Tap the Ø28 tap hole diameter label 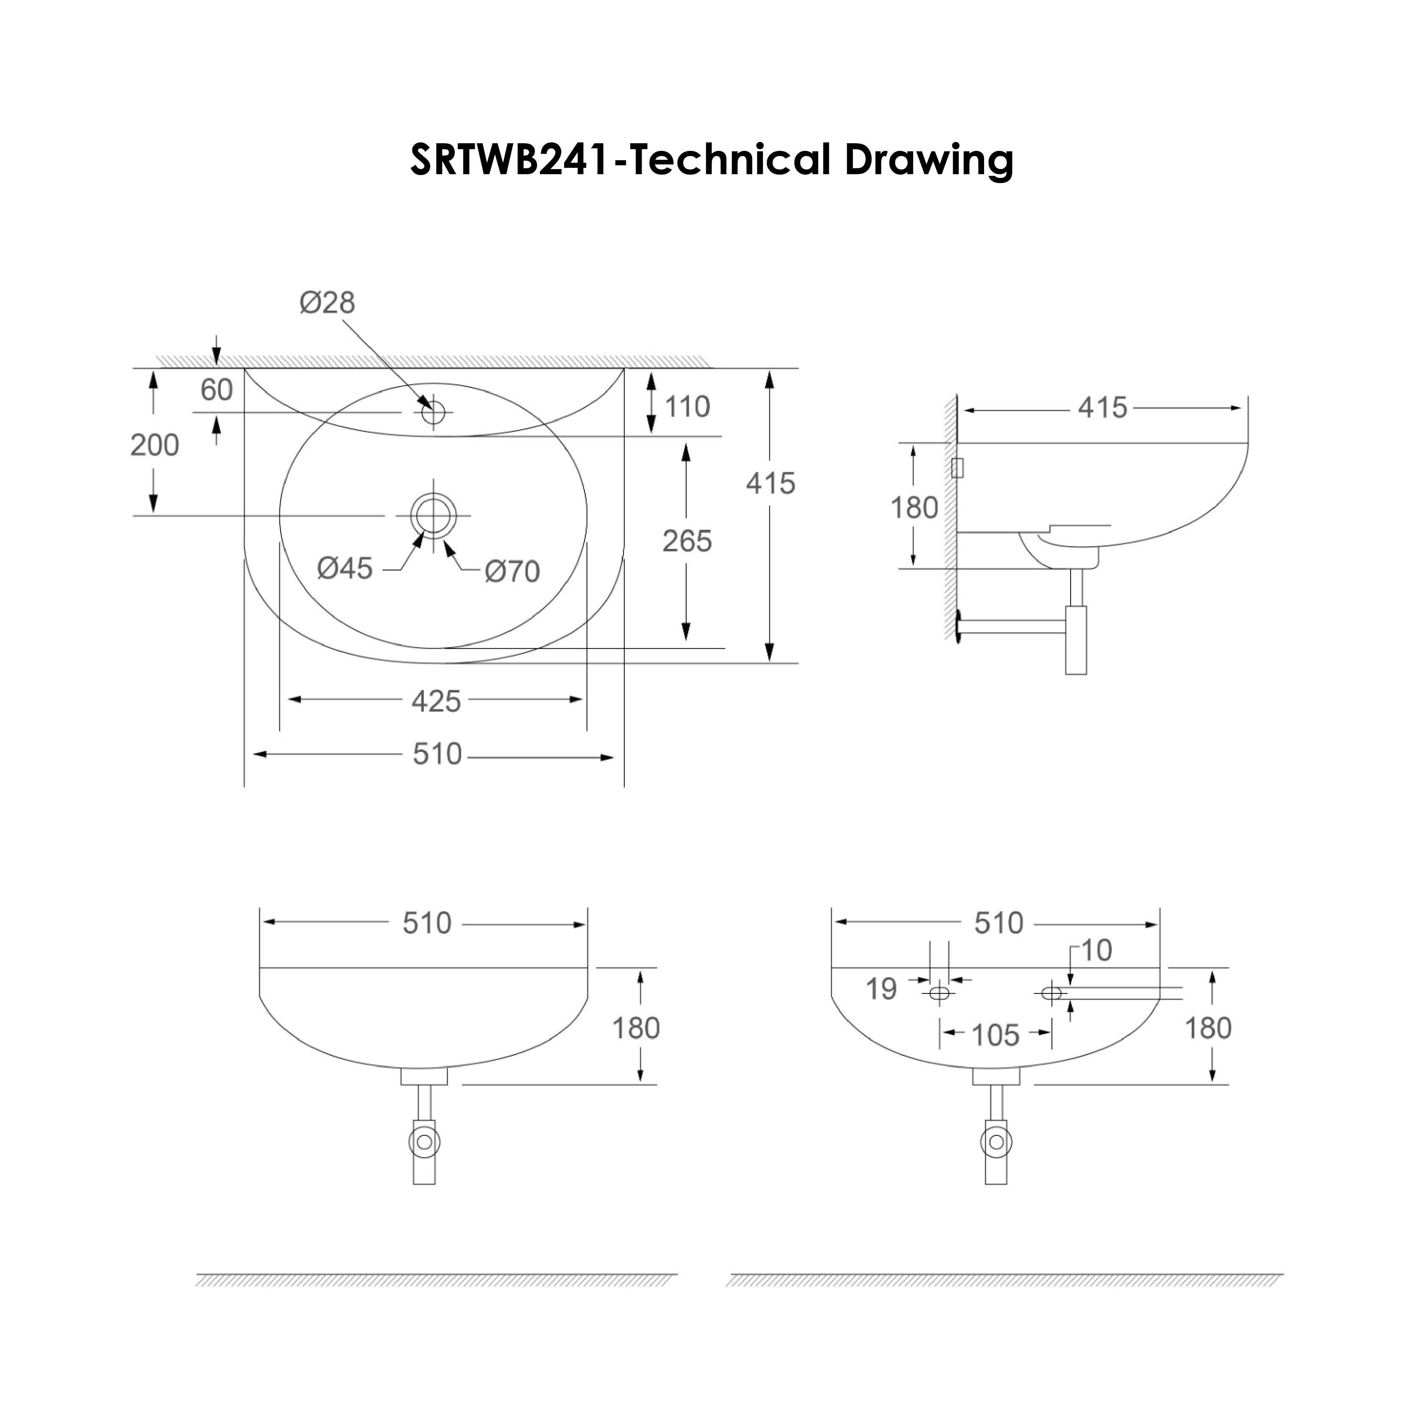[327, 302]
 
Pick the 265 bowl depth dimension [687, 541]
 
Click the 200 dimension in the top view [154, 445]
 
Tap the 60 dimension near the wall [217, 390]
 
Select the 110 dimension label [687, 406]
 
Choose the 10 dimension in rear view [1096, 951]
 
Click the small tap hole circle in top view [433, 412]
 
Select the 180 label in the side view [913, 508]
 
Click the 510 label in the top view [437, 754]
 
